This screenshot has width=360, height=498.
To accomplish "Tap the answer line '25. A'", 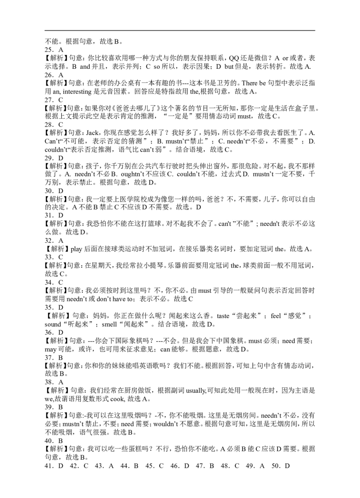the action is [x=54, y=49].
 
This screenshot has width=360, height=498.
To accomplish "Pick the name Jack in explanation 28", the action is [x=92, y=133].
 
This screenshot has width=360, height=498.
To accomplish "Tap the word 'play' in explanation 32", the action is [x=76, y=249].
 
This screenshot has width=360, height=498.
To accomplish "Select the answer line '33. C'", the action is [x=54, y=257].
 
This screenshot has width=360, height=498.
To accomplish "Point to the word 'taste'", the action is [x=223, y=316].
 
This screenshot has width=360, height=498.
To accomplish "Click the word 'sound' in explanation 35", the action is [x=53, y=324].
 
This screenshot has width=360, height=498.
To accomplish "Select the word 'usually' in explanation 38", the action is [x=196, y=390].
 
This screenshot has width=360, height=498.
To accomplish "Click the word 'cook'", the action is [x=117, y=399].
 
